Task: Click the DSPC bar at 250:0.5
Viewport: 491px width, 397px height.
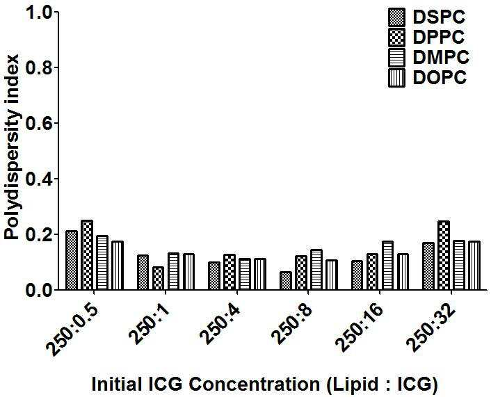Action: (72, 260)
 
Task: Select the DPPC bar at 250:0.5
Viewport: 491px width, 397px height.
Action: (87, 255)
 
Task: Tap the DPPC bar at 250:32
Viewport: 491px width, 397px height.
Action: (444, 255)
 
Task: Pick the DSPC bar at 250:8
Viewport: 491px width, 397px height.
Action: (286, 280)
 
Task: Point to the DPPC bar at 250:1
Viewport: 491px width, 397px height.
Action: (158, 278)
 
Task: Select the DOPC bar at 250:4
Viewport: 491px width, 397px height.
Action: (260, 274)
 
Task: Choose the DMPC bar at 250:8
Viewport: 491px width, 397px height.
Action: (316, 269)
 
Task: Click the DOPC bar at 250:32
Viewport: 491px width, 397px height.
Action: (474, 266)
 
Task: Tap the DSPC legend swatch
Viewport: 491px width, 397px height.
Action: (396, 17)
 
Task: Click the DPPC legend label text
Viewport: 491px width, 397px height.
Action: (438, 38)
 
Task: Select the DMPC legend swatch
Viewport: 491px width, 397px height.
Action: (396, 57)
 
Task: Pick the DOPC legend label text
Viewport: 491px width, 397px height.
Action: (440, 77)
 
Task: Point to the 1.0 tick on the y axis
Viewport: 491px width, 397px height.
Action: (56, 12)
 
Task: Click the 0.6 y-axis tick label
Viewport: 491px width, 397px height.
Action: (38, 123)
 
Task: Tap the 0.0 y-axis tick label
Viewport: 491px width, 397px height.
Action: (38, 290)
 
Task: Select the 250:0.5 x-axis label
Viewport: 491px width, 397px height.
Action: (72, 330)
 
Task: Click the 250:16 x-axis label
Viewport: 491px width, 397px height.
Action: (359, 328)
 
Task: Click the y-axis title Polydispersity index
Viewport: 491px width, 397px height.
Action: (12, 147)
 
